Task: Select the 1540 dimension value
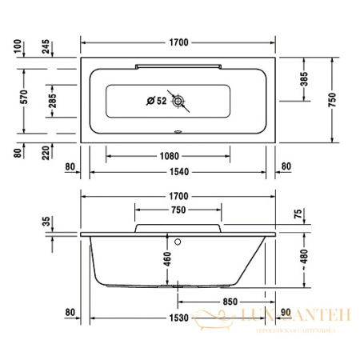[179, 172]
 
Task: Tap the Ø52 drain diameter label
[156, 101]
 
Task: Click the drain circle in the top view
[182, 102]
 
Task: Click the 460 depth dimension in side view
[167, 260]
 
